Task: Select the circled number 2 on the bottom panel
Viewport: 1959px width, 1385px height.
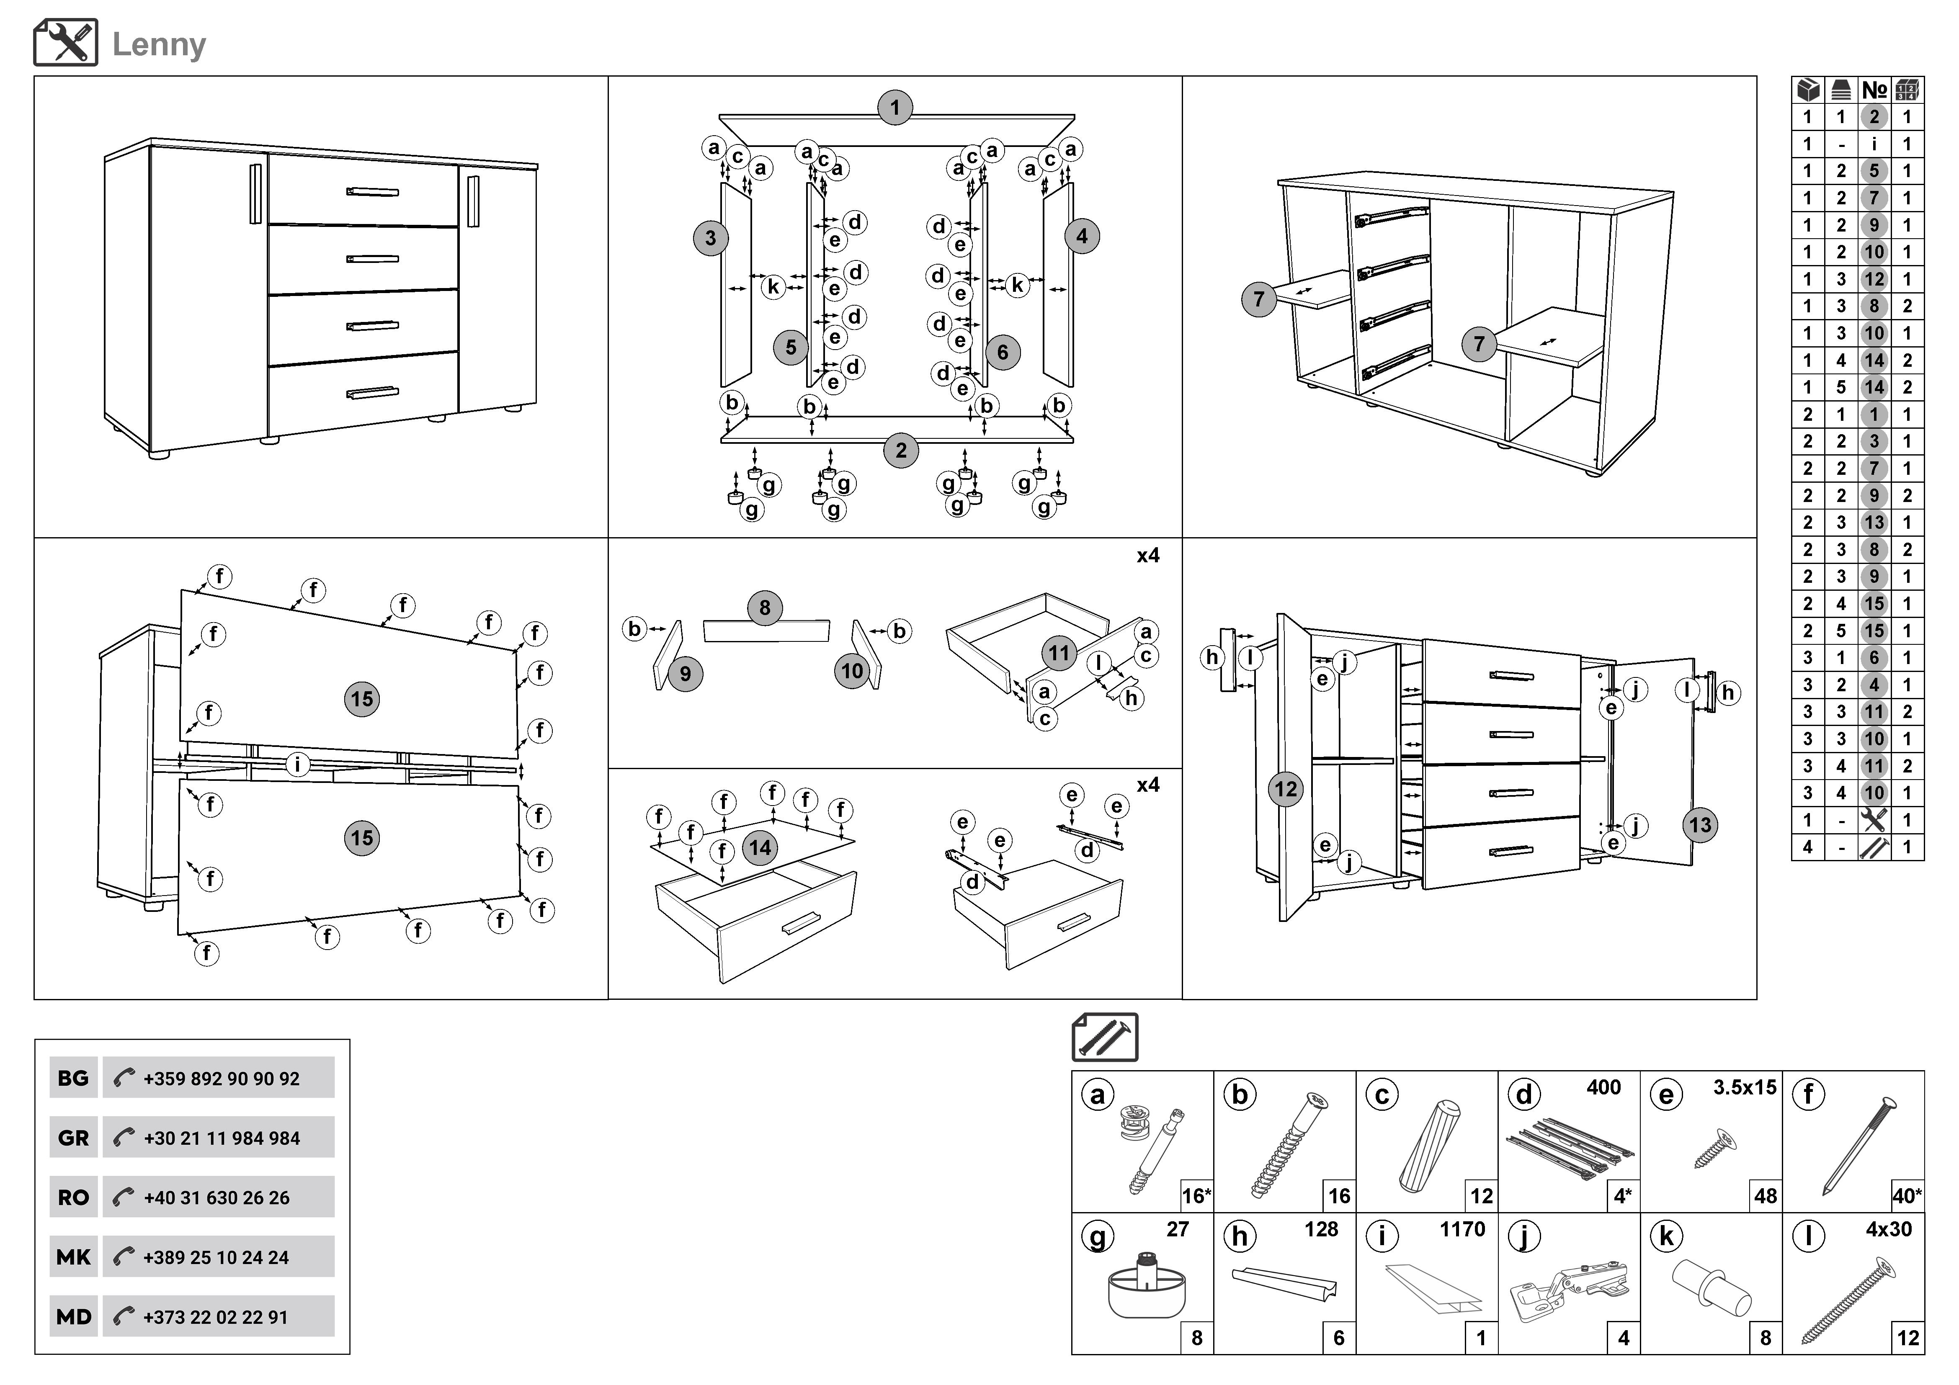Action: coord(901,451)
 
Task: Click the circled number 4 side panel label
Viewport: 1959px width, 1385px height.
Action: coord(1082,236)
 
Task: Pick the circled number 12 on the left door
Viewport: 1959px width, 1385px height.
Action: coord(1286,789)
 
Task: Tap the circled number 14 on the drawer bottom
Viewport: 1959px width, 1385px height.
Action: coord(759,848)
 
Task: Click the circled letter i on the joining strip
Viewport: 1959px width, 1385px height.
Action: coord(297,764)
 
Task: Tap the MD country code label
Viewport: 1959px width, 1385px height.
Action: coord(73,1317)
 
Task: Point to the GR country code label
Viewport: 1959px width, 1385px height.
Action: coord(73,1138)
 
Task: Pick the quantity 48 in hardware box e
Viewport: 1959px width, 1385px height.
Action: coord(1765,1196)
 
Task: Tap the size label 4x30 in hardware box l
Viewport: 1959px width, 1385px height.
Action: coord(1888,1229)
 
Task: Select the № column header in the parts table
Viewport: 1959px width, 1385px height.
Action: coord(1874,90)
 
